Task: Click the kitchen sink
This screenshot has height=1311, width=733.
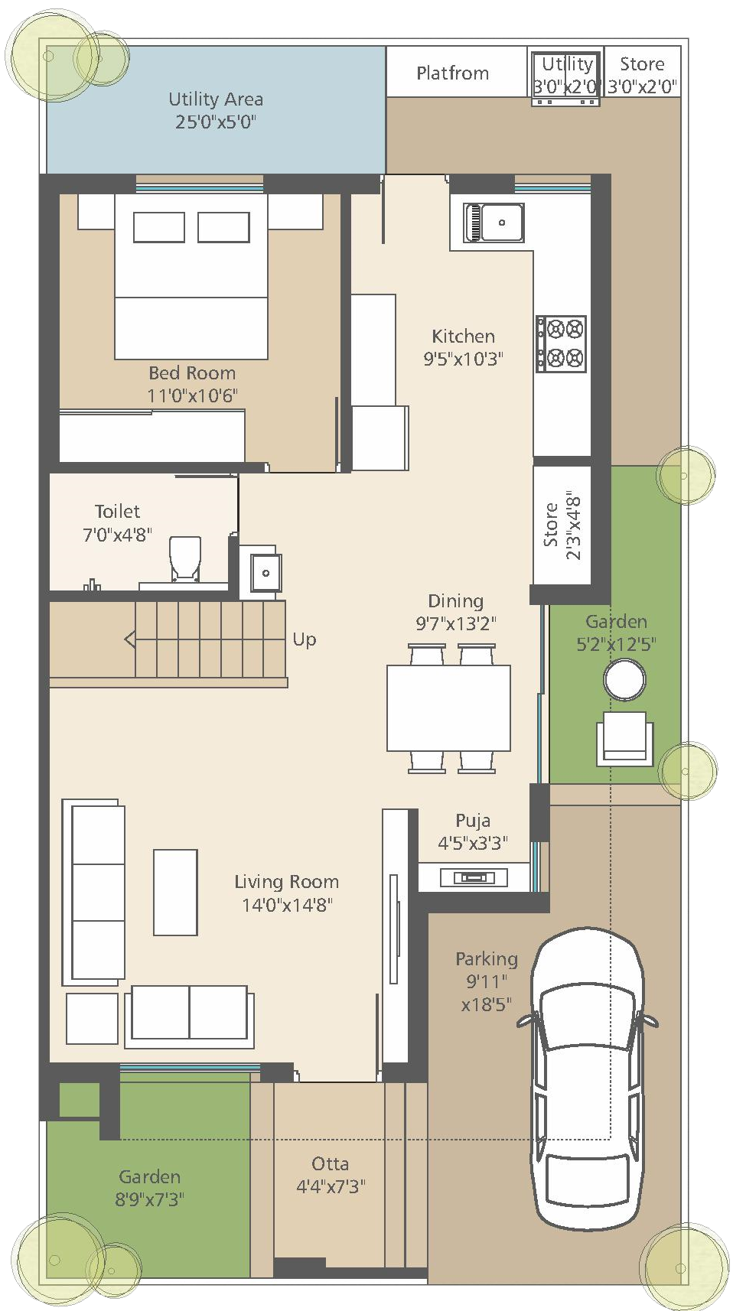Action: (x=494, y=223)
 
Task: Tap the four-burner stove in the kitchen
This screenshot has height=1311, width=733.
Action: (x=561, y=343)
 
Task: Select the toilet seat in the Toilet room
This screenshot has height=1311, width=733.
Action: (x=184, y=559)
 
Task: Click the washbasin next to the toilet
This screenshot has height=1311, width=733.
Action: (x=266, y=572)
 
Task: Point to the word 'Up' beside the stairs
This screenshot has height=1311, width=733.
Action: (x=305, y=639)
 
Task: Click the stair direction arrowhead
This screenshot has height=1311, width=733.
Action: (x=130, y=639)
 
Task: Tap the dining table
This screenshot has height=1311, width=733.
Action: (x=448, y=708)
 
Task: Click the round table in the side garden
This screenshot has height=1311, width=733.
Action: (x=624, y=679)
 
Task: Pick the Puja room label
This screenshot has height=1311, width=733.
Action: (x=473, y=821)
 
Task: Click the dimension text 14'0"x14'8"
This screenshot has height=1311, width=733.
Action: (x=287, y=905)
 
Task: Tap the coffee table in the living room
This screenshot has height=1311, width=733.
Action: (x=175, y=892)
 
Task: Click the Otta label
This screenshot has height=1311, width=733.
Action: (x=331, y=1163)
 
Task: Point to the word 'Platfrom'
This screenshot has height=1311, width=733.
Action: (x=452, y=73)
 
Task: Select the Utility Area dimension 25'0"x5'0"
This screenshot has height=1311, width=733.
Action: (x=216, y=122)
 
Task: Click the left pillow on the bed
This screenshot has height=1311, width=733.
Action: (x=159, y=227)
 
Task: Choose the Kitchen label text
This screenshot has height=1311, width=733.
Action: (x=463, y=336)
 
